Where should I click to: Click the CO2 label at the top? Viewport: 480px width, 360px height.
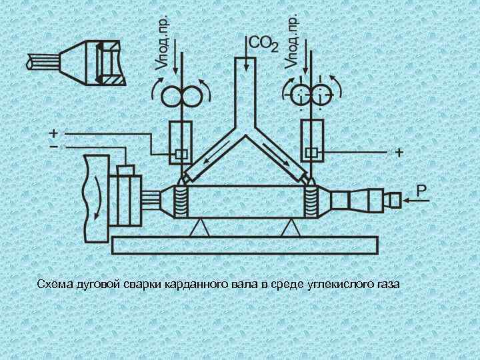coord(263,44)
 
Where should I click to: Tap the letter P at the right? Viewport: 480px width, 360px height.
coord(422,190)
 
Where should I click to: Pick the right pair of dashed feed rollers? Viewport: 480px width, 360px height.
coord(311,95)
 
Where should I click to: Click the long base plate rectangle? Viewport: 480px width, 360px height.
coord(246,245)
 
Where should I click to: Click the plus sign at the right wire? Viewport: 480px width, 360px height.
coord(399,153)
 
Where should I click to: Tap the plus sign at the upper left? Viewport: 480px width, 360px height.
coord(53,132)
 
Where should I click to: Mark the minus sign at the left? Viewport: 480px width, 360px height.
coord(53,145)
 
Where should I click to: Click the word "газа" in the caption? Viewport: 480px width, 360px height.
coord(389,285)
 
